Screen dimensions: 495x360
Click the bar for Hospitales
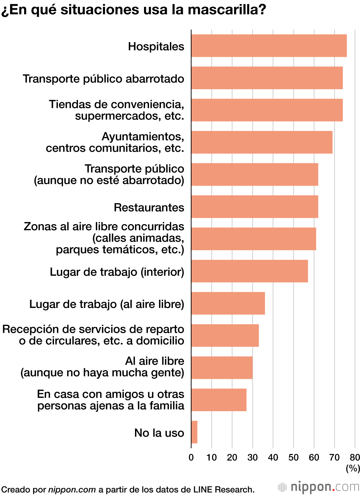269,46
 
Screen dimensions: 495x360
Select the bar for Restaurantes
255,206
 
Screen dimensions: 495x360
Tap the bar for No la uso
194,432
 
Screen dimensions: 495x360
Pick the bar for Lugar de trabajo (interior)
249,271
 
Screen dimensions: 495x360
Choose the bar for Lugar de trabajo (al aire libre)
228,303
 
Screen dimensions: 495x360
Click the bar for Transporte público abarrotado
267,78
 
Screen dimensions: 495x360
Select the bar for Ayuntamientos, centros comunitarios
262,142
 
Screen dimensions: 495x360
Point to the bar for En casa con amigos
219,400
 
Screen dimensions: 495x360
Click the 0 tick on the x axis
191,457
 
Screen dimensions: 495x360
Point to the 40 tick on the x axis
273,457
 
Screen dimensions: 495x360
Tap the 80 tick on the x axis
355,457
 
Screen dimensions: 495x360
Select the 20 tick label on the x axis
232,457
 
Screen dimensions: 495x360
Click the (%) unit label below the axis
353,468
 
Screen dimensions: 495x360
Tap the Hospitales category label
156,46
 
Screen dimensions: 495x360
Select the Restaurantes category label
149,208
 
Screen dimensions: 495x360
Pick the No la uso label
159,433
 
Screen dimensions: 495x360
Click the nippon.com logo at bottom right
319,487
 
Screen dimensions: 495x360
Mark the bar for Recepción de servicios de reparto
225,335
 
